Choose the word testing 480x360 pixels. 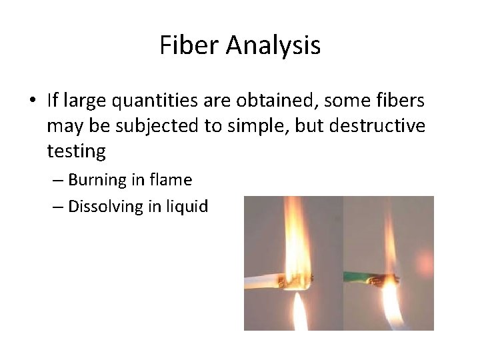(76, 152)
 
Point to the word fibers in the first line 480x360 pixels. (403, 101)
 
